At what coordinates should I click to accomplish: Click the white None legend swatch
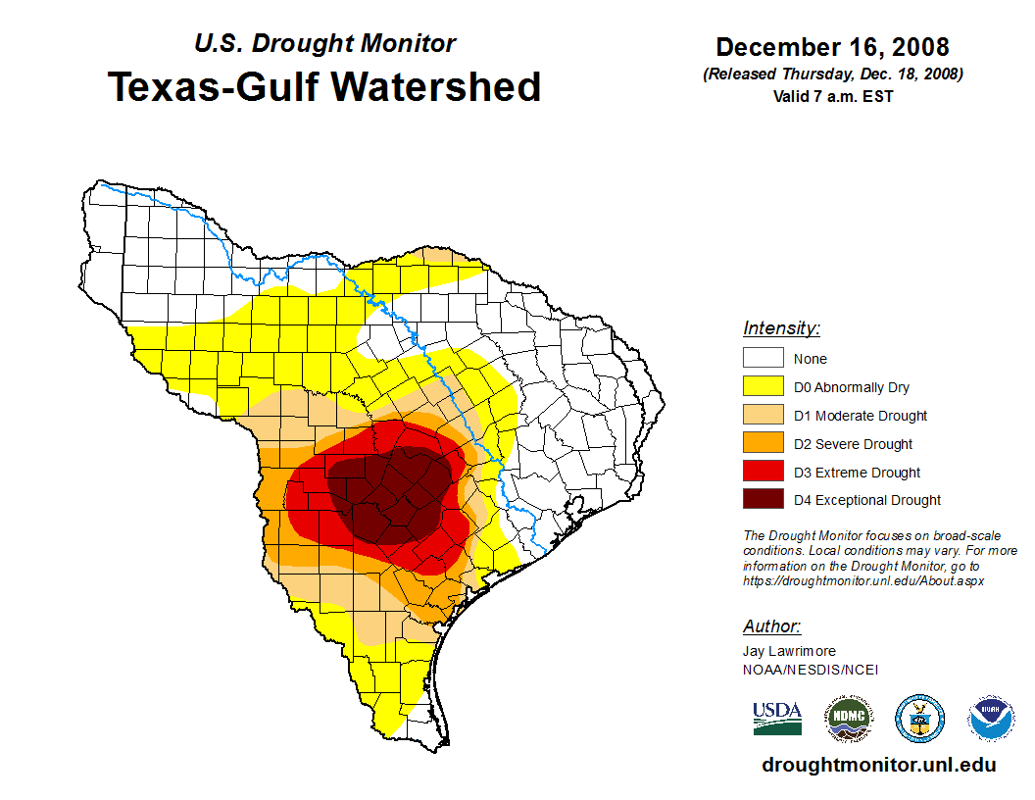[763, 359]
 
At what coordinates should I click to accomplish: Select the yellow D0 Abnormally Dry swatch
[763, 387]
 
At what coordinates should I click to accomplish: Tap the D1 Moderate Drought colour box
[763, 416]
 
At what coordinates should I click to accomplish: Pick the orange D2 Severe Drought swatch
[763, 444]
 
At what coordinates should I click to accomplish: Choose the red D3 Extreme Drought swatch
[763, 473]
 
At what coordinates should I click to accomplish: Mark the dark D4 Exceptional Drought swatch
[763, 500]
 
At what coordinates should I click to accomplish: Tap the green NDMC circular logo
[848, 719]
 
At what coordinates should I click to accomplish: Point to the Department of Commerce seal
[919, 719]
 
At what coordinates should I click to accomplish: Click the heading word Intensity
[781, 328]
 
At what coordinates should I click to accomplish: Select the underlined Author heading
[771, 626]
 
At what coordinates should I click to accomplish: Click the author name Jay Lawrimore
[789, 651]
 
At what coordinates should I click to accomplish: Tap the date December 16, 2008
[832, 47]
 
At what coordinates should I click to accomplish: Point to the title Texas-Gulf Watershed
[324, 86]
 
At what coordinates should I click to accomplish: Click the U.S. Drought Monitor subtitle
[324, 43]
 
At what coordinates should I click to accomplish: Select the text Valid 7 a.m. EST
[832, 95]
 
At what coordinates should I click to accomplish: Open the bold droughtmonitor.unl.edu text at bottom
[878, 766]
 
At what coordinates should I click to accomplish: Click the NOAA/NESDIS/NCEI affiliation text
[811, 670]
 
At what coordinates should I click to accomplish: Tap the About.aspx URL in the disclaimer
[862, 580]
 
